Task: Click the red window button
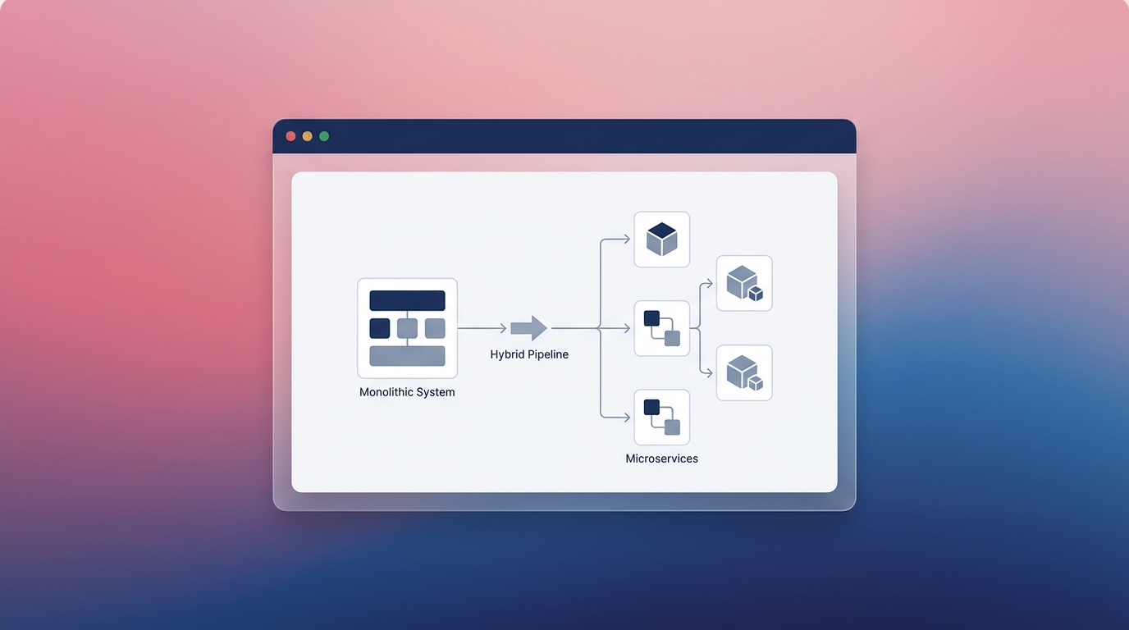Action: (290, 136)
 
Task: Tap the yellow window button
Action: (308, 136)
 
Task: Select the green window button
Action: (324, 136)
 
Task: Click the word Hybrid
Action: (508, 355)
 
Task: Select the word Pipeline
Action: (548, 355)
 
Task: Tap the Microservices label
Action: (662, 459)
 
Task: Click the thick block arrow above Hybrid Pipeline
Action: (528, 329)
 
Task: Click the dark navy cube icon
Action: (662, 240)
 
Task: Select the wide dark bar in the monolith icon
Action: (407, 300)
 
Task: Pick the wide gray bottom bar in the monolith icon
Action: (407, 356)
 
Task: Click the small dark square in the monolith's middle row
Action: (380, 329)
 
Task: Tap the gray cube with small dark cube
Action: (744, 283)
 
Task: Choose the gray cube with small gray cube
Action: (744, 373)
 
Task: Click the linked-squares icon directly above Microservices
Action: (662, 418)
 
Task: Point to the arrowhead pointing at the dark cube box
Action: (627, 240)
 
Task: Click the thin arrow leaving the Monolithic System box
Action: (482, 329)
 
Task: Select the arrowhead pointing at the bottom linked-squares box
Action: (627, 418)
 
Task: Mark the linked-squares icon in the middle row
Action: (662, 329)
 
